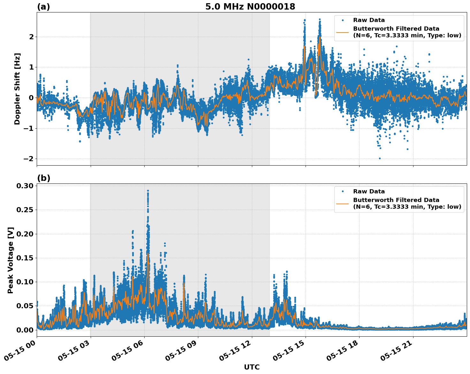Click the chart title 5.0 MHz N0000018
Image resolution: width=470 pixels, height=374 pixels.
pyautogui.click(x=250, y=7)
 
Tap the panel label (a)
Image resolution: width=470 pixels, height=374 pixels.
pyautogui.click(x=43, y=7)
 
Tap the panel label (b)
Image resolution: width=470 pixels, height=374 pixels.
pyautogui.click(x=43, y=178)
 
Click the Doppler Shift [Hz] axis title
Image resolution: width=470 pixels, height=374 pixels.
pyautogui.click(x=17, y=89)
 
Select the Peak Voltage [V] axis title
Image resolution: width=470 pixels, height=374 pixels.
pyautogui.click(x=11, y=260)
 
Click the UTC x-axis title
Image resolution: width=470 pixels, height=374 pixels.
pyautogui.click(x=252, y=367)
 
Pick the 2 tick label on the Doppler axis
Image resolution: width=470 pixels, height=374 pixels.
pyautogui.click(x=31, y=37)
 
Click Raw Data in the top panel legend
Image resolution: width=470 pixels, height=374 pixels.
pyautogui.click(x=369, y=20)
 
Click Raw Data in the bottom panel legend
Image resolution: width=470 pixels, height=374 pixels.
pyautogui.click(x=369, y=191)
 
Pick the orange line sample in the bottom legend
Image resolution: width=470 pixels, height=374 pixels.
pyautogui.click(x=342, y=204)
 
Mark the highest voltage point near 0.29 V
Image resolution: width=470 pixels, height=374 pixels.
pyautogui.click(x=148, y=191)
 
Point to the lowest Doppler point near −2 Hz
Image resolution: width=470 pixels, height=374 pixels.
pyautogui.click(x=380, y=158)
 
